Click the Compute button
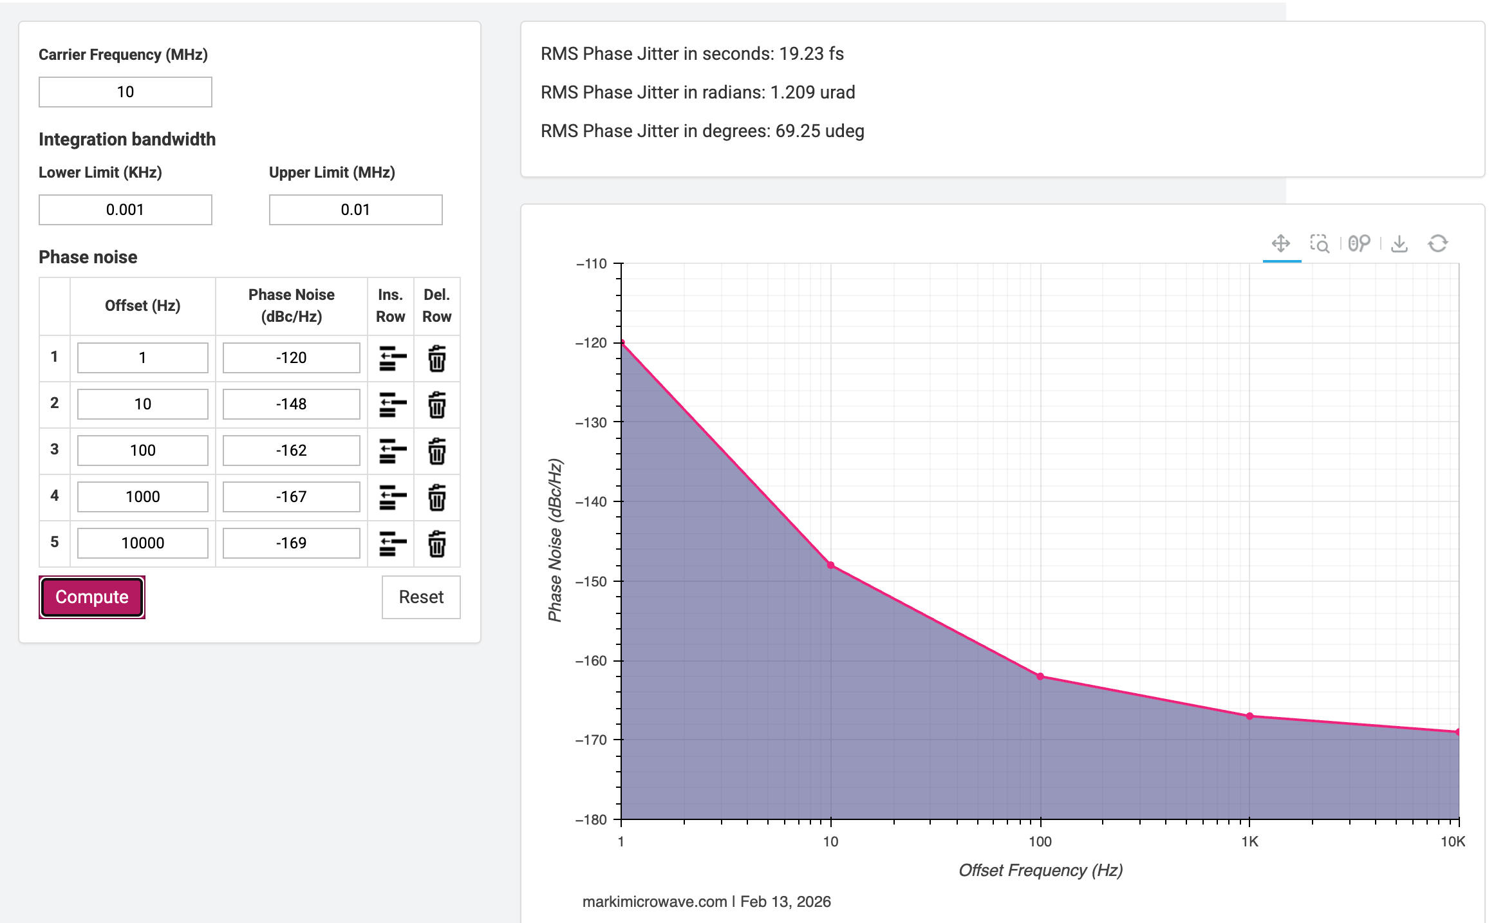(92, 597)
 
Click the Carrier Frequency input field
(126, 92)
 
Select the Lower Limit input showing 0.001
(126, 210)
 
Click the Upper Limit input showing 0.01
(355, 210)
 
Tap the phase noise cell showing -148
(292, 404)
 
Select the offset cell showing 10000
(143, 543)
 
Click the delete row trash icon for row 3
(437, 451)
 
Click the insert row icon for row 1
(393, 359)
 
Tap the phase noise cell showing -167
(292, 497)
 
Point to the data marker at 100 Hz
(1040, 676)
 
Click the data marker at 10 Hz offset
(831, 565)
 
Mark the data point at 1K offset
(1249, 716)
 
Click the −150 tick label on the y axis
(592, 581)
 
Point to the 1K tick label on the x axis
(1249, 842)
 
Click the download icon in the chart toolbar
(1399, 244)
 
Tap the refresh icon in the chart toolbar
(1438, 244)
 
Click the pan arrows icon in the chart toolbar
(1281, 243)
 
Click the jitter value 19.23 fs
(811, 54)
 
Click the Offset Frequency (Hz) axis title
(1040, 871)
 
